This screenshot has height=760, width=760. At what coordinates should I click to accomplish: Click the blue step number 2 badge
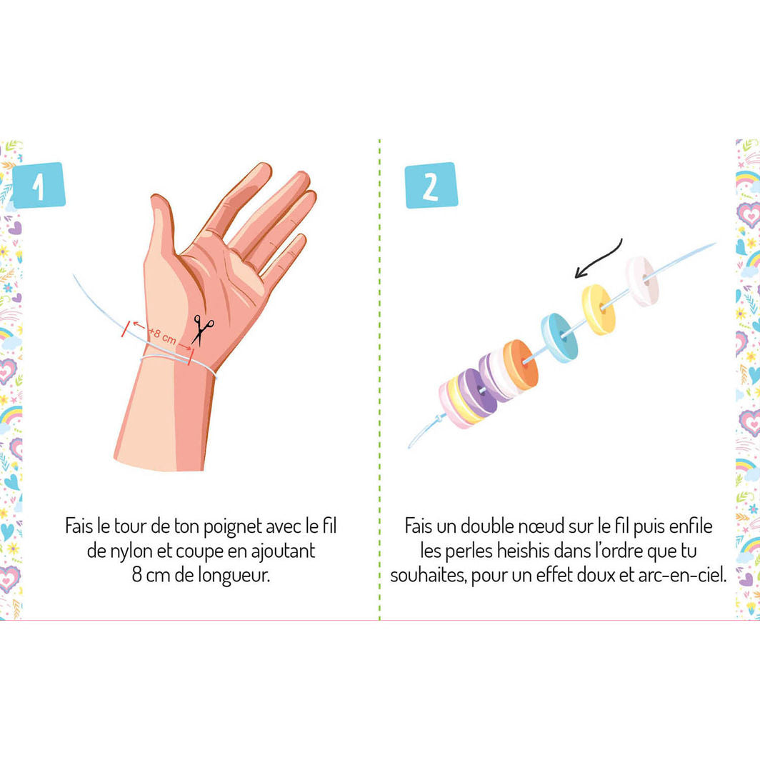point(431,185)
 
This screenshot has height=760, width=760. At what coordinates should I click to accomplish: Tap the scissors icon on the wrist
point(203,330)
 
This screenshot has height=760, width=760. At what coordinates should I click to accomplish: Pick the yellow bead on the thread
point(598,309)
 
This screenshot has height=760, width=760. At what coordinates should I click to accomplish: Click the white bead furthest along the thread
point(641,281)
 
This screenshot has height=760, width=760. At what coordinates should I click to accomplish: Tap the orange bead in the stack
point(519,364)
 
